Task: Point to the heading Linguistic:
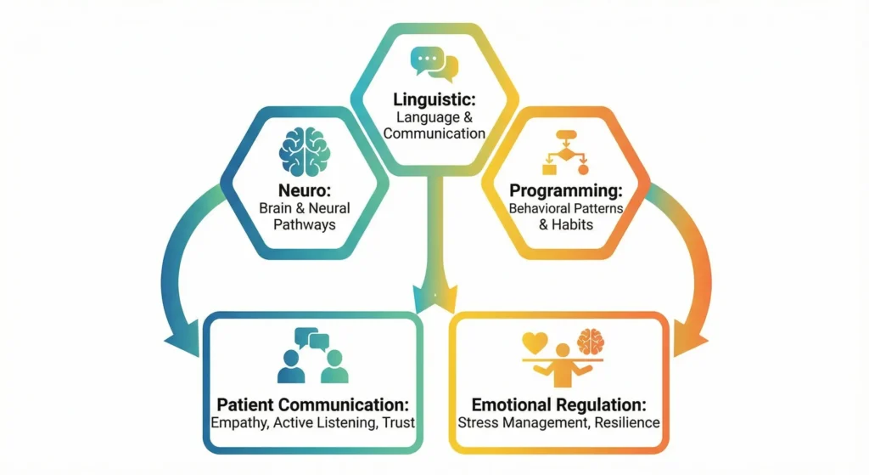(x=434, y=100)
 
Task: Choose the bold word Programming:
(x=565, y=190)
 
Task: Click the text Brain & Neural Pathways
(x=305, y=217)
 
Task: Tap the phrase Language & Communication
(x=434, y=125)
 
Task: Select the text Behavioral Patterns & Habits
(x=565, y=217)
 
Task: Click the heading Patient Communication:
(x=312, y=404)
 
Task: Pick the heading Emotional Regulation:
(x=558, y=404)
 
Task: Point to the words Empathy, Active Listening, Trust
(x=312, y=422)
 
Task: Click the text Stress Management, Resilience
(x=558, y=422)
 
